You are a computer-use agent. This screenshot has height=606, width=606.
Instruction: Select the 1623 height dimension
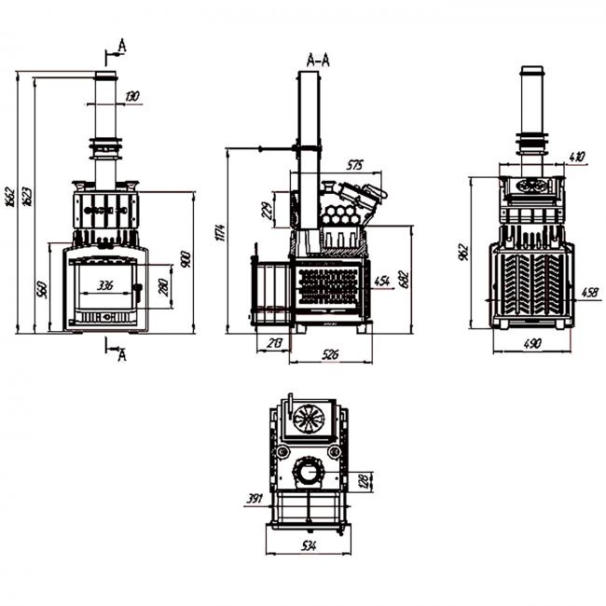[x=26, y=195]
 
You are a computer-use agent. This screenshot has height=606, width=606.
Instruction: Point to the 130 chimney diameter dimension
[x=131, y=96]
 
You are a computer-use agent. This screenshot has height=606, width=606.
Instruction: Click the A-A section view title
[x=317, y=61]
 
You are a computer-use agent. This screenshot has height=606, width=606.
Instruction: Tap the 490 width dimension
[x=532, y=344]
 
